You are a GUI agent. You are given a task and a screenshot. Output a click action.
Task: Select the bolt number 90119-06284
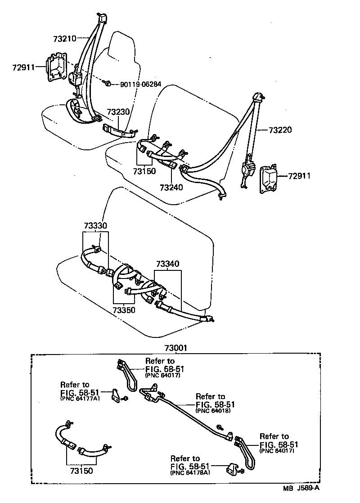tap(140, 84)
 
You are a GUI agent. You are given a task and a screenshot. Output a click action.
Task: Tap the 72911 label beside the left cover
tap(23, 67)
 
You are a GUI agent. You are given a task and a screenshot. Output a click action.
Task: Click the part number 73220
tap(280, 130)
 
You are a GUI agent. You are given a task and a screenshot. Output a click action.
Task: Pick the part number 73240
tap(171, 186)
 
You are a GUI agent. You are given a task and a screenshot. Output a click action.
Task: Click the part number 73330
tap(95, 225)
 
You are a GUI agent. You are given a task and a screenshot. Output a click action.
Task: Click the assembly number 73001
tap(176, 348)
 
